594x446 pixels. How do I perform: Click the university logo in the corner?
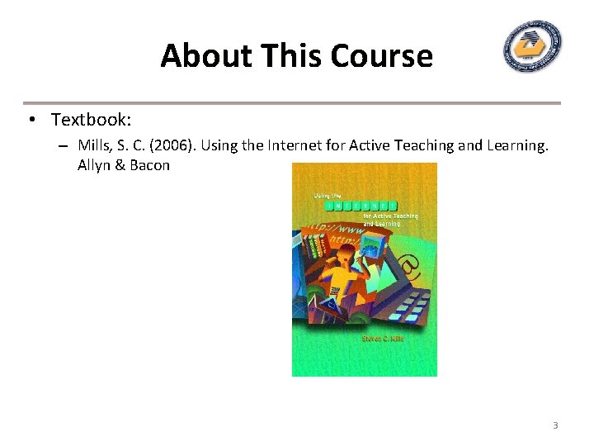534,47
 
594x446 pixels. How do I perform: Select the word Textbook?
91,120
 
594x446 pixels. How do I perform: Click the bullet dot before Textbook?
31,120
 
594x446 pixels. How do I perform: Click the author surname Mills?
95,145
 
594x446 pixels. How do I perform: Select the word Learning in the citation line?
516,145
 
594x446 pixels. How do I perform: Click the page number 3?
555,425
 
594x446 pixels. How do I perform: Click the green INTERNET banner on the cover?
360,204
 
